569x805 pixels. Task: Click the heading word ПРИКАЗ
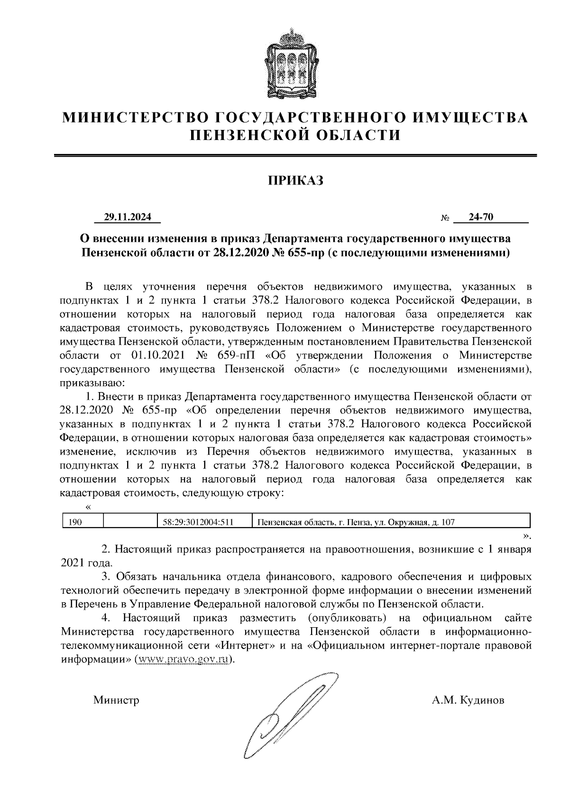click(x=296, y=180)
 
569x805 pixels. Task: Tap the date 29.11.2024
click(x=128, y=217)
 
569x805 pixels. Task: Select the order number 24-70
click(x=481, y=217)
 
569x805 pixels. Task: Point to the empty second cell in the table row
click(x=130, y=522)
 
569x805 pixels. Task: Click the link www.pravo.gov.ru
click(x=184, y=659)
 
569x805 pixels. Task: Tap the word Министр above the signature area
click(x=116, y=700)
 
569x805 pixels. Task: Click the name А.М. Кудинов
click(x=468, y=700)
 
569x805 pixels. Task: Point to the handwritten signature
click(x=289, y=716)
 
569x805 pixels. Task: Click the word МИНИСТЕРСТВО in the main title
click(x=138, y=117)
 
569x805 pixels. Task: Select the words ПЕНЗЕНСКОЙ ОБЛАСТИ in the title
click(x=295, y=136)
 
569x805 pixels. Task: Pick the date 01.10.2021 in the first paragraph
click(x=156, y=355)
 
